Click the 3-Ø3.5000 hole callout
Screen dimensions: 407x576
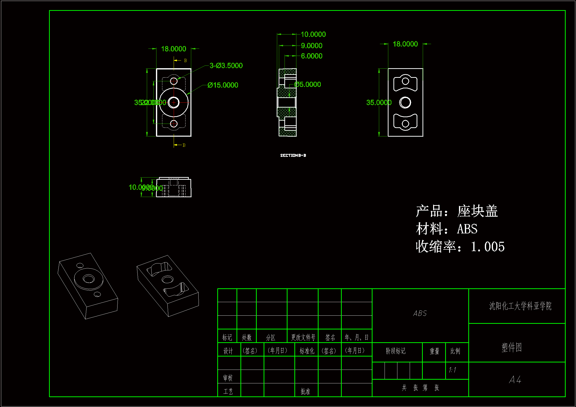click(226, 66)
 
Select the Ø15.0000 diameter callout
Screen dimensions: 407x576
click(223, 85)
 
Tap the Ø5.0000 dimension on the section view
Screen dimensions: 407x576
click(307, 84)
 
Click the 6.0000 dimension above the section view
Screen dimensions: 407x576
click(312, 56)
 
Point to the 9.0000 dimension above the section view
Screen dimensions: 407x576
click(312, 46)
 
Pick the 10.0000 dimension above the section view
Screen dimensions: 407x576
click(313, 34)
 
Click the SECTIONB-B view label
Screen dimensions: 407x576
click(293, 155)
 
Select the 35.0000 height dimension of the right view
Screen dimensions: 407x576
click(379, 103)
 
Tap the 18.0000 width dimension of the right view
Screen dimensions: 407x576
click(405, 44)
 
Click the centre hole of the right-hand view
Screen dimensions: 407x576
click(405, 103)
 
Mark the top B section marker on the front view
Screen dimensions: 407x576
click(185, 61)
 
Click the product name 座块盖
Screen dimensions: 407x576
click(477, 211)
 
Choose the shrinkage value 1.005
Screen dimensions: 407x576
click(488, 247)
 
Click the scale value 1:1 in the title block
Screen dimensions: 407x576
click(452, 370)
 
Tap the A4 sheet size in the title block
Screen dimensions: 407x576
click(515, 380)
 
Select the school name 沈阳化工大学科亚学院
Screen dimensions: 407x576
click(520, 306)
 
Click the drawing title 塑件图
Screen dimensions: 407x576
click(511, 348)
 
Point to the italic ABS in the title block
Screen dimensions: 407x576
click(420, 313)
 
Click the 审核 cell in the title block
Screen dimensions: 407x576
click(228, 378)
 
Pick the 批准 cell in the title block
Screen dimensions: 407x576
click(305, 391)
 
